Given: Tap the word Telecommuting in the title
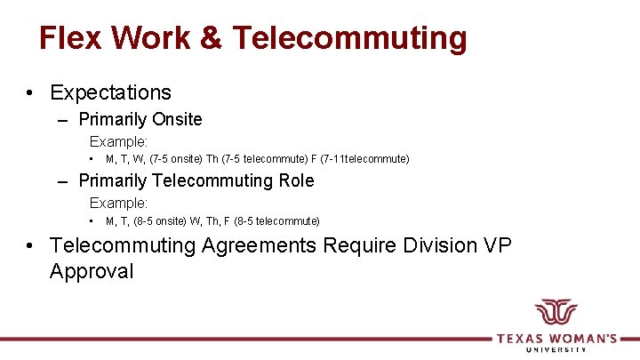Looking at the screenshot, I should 348,38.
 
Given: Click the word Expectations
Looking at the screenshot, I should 110,92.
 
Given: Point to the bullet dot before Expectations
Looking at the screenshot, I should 30,93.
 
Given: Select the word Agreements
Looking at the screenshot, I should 259,244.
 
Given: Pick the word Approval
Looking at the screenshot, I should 92,271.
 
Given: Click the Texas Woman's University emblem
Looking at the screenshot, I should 556,314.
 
